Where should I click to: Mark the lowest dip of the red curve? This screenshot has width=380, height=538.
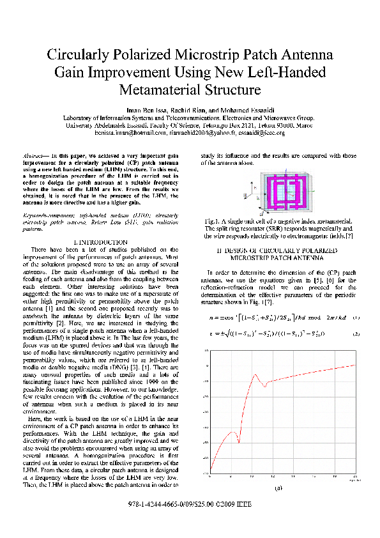point(238,443)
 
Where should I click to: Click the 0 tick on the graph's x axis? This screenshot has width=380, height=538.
point(211,476)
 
